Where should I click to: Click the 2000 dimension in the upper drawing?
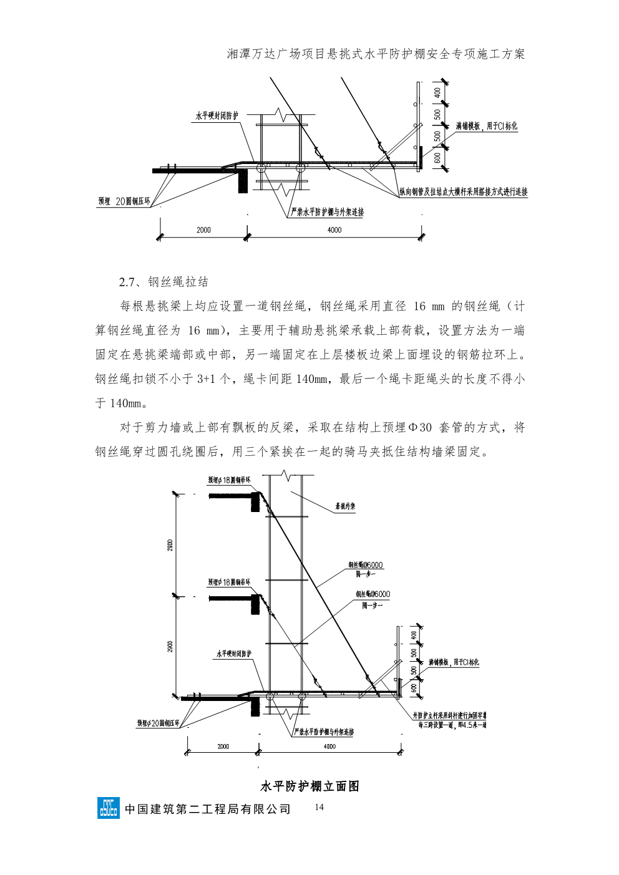[203, 230]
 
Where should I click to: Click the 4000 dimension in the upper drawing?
[334, 230]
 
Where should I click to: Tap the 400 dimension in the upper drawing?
[437, 92]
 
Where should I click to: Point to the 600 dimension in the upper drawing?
[437, 158]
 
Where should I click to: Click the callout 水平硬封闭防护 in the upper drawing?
[217, 116]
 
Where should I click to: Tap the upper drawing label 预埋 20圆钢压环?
[124, 201]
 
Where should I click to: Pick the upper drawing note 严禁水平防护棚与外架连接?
[328, 212]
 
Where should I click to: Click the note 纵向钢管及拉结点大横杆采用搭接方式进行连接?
[464, 192]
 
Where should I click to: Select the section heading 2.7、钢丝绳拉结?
[163, 282]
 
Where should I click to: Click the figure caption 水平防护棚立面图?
[309, 786]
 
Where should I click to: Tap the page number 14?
[319, 808]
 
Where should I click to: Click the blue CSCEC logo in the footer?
[108, 808]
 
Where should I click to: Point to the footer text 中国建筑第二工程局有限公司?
[208, 809]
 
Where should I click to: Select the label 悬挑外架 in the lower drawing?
[345, 507]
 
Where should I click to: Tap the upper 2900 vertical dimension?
[170, 545]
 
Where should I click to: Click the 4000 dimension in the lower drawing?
[330, 746]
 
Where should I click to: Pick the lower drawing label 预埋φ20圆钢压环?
[158, 723]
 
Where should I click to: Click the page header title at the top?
[376, 54]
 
